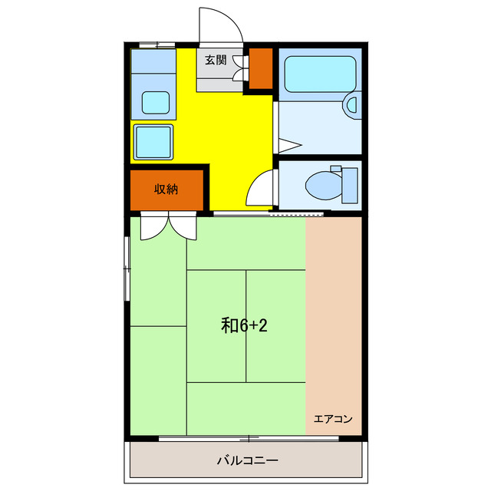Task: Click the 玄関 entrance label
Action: pyautogui.click(x=216, y=60)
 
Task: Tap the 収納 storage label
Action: pyautogui.click(x=166, y=189)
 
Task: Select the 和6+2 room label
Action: pyautogui.click(x=244, y=325)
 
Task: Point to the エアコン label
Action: pyautogui.click(x=332, y=419)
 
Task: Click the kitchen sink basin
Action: pyautogui.click(x=157, y=101)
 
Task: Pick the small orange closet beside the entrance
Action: pyautogui.click(x=262, y=68)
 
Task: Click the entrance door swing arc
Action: pyautogui.click(x=219, y=23)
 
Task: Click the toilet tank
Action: pyautogui.click(x=349, y=183)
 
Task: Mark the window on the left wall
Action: pyautogui.click(x=127, y=269)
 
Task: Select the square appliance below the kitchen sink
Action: pyautogui.click(x=154, y=141)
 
